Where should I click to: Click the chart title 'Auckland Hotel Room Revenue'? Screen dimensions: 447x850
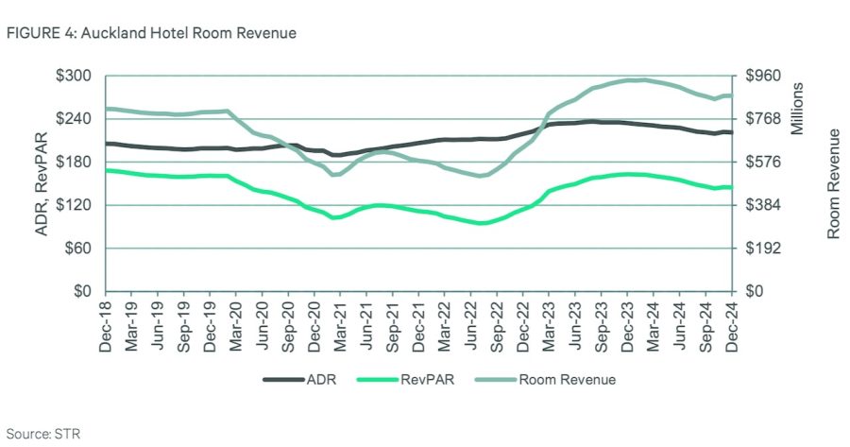(x=188, y=33)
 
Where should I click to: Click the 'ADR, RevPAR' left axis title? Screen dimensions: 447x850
(x=42, y=183)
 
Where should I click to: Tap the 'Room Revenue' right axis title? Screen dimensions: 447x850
(x=833, y=184)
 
